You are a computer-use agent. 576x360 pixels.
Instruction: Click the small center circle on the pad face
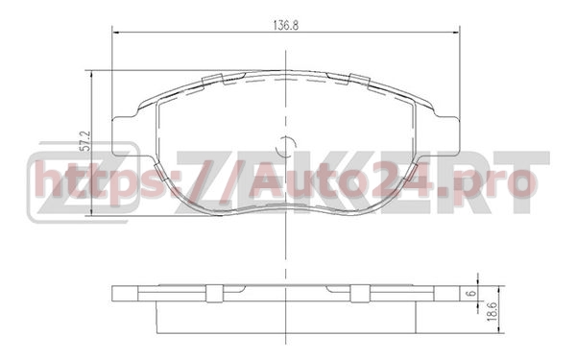point(285,146)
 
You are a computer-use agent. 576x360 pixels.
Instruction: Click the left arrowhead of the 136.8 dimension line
point(117,33)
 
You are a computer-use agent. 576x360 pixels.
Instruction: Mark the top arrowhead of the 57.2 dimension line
point(93,74)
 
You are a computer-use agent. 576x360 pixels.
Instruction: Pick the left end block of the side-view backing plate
point(125,292)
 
